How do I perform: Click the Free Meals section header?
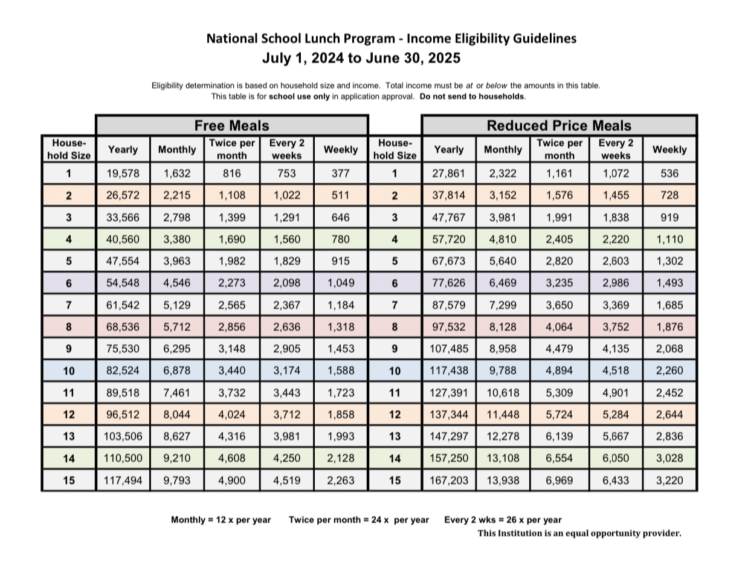point(231,126)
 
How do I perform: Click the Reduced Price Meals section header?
point(558,126)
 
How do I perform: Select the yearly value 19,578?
point(123,173)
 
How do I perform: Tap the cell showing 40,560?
point(123,239)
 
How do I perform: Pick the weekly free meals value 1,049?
point(341,283)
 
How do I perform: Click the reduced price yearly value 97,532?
point(449,327)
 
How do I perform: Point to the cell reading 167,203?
point(449,481)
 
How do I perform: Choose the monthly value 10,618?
point(503,393)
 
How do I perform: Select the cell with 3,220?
point(669,481)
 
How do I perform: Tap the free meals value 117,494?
point(123,481)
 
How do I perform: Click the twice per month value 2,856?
point(232,327)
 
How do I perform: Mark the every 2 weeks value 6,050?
point(616,459)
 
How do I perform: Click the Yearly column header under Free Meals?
point(123,149)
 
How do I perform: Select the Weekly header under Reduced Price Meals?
point(669,149)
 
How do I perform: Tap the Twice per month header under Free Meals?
point(232,149)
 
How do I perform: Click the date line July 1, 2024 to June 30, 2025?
point(361,59)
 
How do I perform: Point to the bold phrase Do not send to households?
point(472,97)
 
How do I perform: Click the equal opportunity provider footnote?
point(579,533)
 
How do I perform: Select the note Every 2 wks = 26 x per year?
point(503,520)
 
